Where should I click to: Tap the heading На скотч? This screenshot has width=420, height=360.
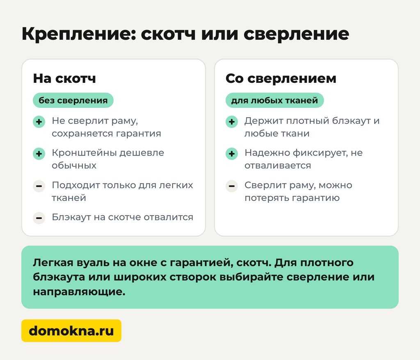[x=64, y=78]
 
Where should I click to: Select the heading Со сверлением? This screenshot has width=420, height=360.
[x=281, y=78]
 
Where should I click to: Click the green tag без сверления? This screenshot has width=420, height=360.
[x=73, y=100]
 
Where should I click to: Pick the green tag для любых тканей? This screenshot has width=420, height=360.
[x=274, y=100]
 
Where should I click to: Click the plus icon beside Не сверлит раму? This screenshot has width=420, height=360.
[x=39, y=122]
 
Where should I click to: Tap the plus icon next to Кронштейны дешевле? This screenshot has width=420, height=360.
[x=39, y=154]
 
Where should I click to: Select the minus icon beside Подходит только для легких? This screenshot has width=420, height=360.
[x=39, y=186]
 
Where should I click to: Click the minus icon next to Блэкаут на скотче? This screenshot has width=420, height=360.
[x=39, y=218]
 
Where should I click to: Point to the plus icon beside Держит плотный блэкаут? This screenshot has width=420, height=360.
[x=232, y=122]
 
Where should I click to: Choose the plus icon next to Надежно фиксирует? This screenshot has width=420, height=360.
[x=232, y=154]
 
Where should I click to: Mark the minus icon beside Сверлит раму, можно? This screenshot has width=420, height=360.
[x=232, y=186]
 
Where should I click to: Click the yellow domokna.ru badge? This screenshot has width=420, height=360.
[x=71, y=330]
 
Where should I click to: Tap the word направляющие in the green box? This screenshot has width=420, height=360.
[x=79, y=292]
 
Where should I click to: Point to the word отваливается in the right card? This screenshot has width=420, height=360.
[x=278, y=166]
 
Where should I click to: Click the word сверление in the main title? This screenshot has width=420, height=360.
[x=296, y=34]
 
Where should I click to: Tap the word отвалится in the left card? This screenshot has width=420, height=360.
[x=169, y=217]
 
